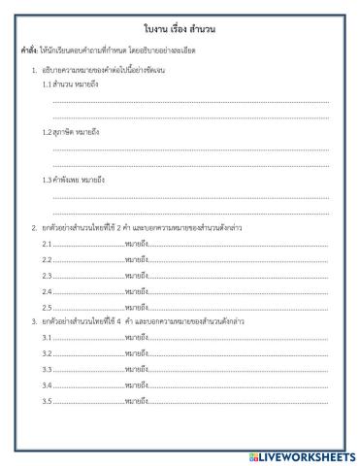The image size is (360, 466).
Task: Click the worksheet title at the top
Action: pyautogui.click(x=180, y=30)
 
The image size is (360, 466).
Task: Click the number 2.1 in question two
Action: pyautogui.click(x=47, y=243)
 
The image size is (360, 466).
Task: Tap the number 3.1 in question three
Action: pyautogui.click(x=47, y=337)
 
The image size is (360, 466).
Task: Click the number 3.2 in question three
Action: pyautogui.click(x=47, y=353)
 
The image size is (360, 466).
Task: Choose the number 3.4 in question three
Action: pyautogui.click(x=47, y=385)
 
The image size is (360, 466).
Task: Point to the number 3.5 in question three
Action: pyautogui.click(x=47, y=401)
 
